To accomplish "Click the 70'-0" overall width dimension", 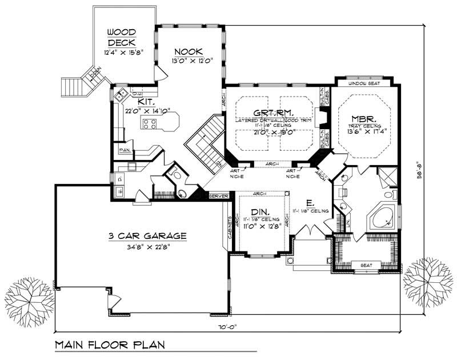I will point(226,327).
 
